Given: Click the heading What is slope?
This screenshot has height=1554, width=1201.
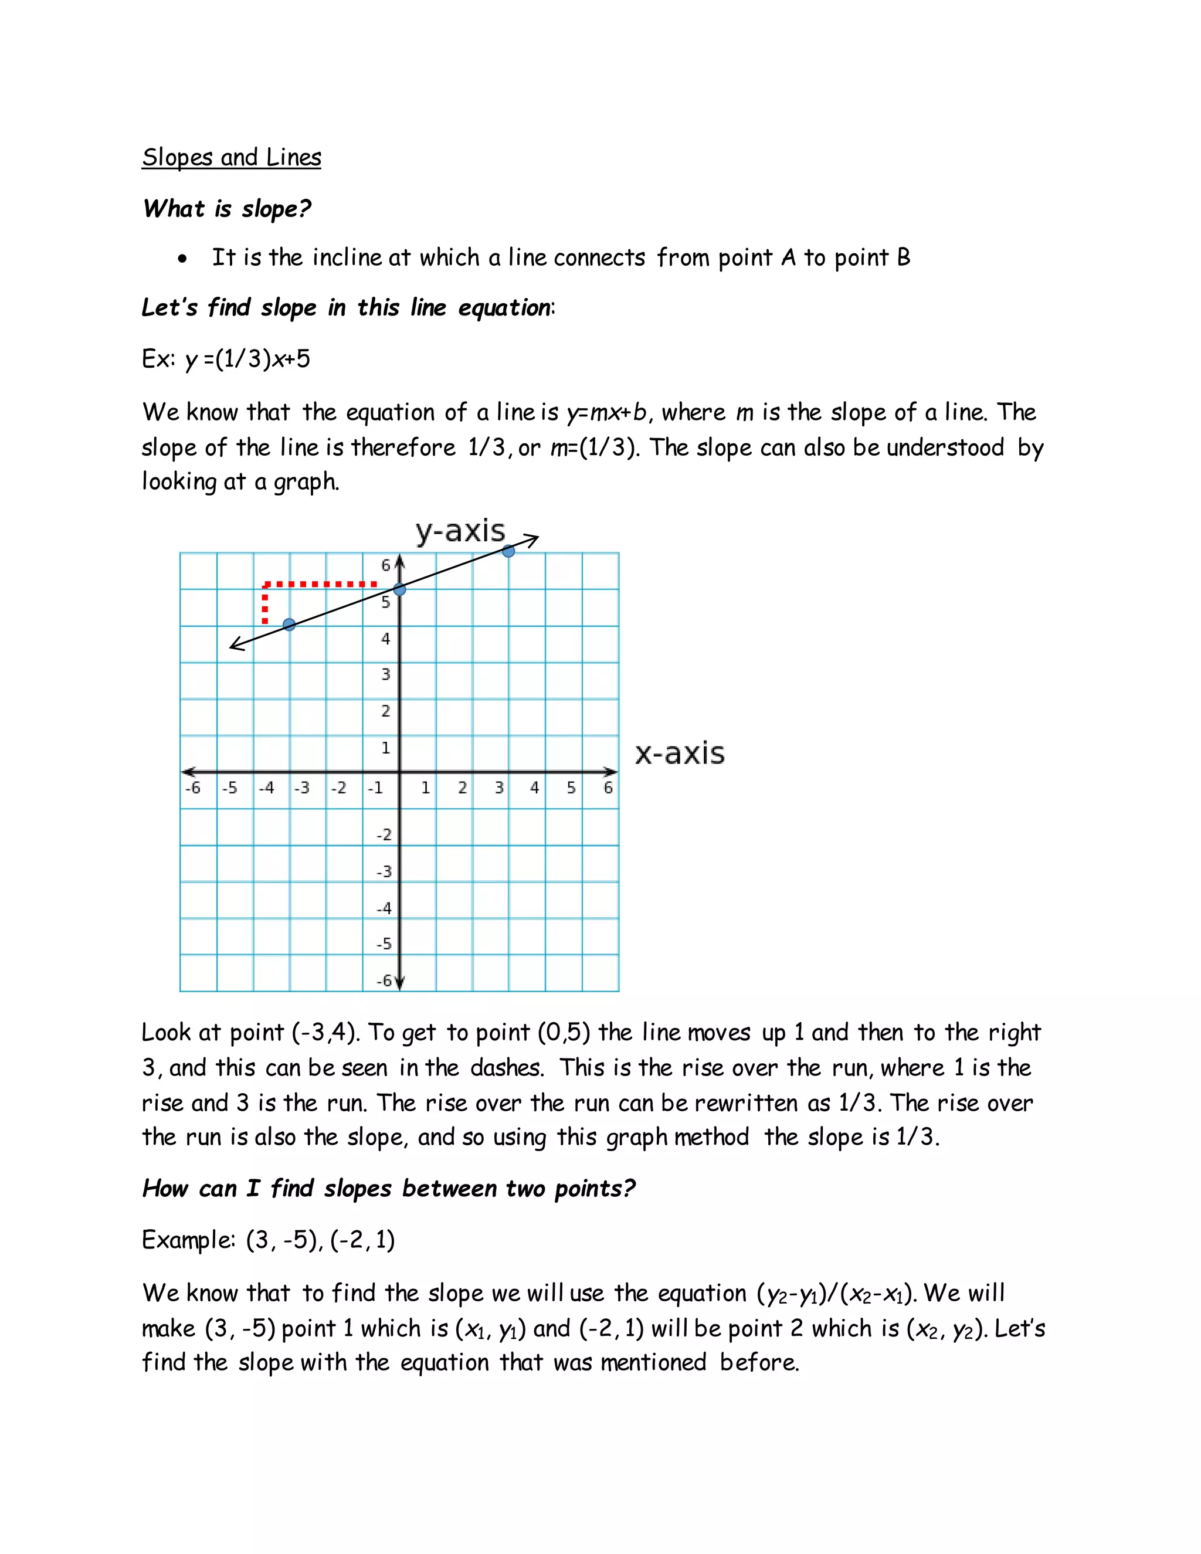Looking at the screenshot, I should coord(227,209).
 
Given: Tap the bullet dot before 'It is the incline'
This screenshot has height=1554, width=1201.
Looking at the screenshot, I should coord(184,260).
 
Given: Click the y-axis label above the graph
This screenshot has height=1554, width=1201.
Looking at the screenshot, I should coord(460,531).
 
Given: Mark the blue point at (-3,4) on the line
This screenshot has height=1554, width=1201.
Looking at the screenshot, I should coord(289,625).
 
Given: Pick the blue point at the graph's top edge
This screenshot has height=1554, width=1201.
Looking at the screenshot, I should coord(508,551).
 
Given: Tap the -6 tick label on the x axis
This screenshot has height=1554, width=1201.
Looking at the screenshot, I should coord(192,788).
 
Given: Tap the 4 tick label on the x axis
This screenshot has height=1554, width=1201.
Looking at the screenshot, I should coord(534,788).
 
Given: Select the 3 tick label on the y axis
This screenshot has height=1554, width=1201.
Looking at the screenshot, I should coord(386,674).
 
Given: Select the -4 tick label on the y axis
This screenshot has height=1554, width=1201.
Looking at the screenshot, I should coord(384,908).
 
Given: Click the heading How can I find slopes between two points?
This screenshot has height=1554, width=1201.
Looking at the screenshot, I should coord(388,1188).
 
